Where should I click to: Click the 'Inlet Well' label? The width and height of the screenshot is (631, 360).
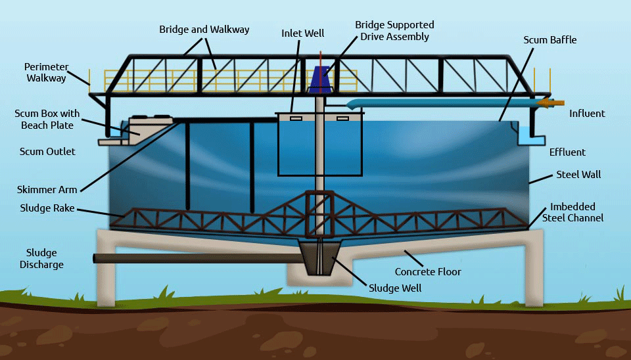point(302,33)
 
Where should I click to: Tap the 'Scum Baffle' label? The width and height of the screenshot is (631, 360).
point(549,40)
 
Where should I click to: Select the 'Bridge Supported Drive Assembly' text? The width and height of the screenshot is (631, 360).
point(394,30)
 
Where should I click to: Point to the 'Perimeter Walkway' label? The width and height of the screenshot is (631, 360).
point(45,72)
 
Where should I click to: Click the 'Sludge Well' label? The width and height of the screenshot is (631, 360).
point(395,288)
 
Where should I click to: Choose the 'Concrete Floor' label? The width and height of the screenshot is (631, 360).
point(428,271)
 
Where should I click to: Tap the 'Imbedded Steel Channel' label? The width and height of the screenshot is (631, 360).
point(573,212)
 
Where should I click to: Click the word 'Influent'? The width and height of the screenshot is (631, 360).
point(587,114)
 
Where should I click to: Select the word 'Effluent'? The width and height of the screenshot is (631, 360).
point(567,152)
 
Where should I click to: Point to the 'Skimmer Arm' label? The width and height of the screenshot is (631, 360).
point(47,190)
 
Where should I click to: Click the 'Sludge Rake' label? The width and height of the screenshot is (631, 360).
point(48,209)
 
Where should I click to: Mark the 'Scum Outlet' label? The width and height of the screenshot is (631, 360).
point(47,152)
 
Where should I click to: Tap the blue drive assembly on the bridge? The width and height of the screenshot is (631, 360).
point(321,78)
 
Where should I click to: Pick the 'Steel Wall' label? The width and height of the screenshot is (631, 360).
point(578,175)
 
